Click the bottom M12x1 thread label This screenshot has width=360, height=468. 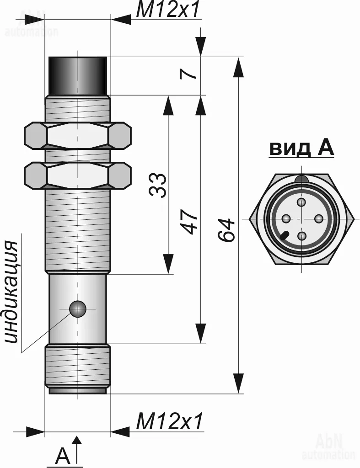169,421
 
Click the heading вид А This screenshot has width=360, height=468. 301,148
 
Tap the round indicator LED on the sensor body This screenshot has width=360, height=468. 78,309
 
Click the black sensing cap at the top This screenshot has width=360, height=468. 78,75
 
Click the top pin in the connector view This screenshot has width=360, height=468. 301,202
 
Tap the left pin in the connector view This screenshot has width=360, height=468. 285,219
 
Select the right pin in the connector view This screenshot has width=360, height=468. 318,219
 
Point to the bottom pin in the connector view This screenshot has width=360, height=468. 301,236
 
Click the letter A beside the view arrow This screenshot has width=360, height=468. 63,456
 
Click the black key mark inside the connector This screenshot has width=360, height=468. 285,236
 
